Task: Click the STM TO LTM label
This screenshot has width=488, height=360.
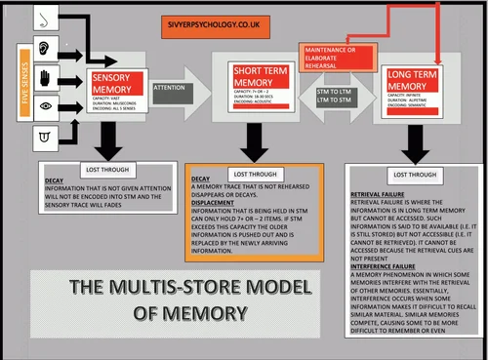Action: pyautogui.click(x=334, y=91)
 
